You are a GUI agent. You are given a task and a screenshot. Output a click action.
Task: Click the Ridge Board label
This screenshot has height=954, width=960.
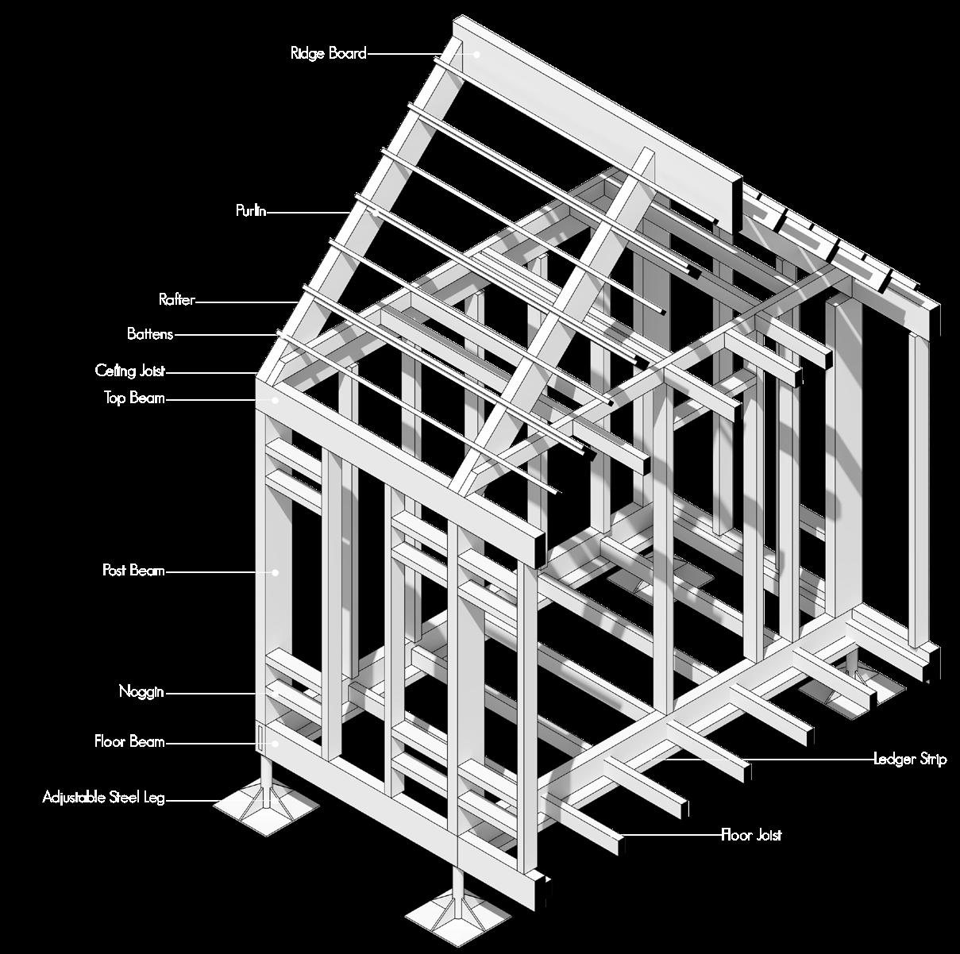coord(328,54)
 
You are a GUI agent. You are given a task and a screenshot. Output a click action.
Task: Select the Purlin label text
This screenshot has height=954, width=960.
coord(250,211)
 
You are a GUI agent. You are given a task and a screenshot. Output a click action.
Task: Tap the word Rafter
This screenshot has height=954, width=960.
coord(176,300)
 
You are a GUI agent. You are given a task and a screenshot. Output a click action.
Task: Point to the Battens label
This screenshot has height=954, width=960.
coord(150,334)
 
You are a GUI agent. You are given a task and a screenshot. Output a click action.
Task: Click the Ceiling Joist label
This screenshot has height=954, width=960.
coord(130,371)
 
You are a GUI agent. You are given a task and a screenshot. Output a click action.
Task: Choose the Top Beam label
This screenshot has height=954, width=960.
coord(134,398)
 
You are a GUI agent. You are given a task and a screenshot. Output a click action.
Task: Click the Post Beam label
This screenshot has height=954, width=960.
coord(133,571)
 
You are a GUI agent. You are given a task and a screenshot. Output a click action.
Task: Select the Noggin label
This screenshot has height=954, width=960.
coord(141,692)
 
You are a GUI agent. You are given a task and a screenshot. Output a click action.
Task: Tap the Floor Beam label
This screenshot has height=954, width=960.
coord(129,742)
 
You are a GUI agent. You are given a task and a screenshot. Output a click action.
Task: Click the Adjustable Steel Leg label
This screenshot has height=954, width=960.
coord(103,797)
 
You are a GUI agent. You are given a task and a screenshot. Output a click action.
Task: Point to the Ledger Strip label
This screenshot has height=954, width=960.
coord(910,760)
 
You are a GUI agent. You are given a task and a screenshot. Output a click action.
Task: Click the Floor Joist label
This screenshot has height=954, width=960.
coord(751,835)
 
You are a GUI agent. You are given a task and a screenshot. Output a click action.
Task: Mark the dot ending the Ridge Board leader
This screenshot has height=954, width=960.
coord(478,54)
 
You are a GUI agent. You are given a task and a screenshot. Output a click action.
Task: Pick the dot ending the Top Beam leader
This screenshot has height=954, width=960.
coord(276,400)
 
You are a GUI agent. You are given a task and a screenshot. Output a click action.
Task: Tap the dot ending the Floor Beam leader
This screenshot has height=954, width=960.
coord(276,743)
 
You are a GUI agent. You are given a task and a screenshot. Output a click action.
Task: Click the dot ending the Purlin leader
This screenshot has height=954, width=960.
coord(374,212)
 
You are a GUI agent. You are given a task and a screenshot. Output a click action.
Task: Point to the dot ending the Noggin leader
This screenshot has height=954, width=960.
coord(276,693)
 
